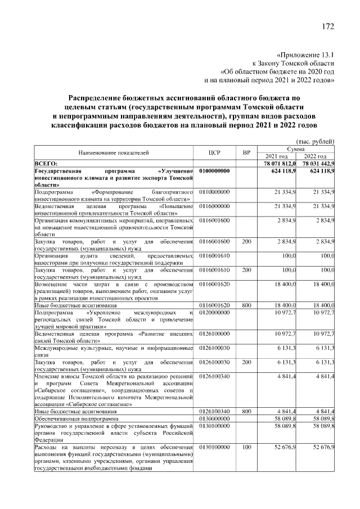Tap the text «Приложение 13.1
306,55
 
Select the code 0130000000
214,418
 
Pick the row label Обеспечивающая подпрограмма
76,418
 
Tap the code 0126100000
214,334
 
